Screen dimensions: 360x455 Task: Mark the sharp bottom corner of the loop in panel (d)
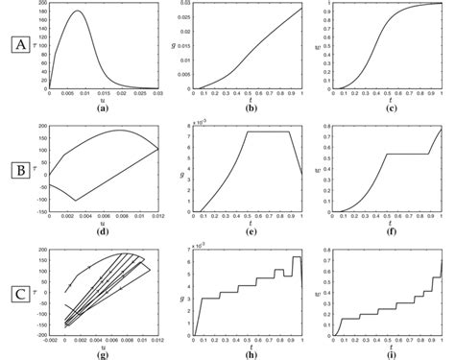coord(76,201)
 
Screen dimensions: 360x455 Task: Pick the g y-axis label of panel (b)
coord(182,46)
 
